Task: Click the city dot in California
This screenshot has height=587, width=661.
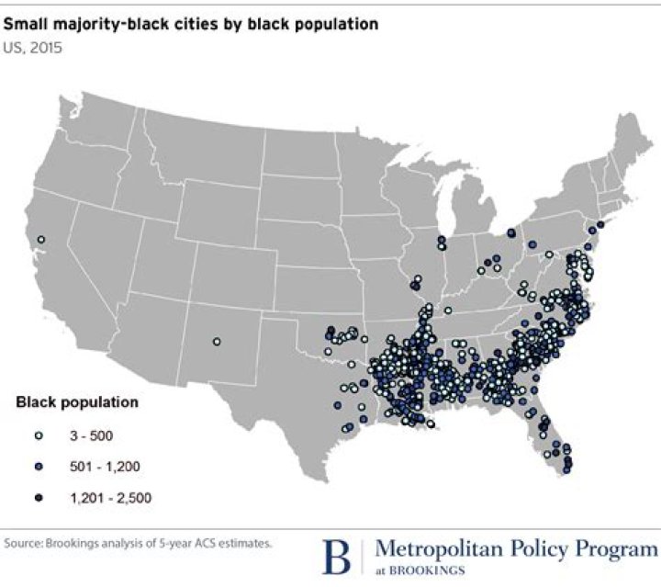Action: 41,239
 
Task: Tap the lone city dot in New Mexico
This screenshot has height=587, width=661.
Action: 217,342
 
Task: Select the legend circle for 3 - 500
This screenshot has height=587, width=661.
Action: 39,435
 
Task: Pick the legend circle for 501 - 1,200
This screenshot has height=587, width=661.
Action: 39,467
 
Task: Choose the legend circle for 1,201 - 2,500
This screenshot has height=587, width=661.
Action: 39,498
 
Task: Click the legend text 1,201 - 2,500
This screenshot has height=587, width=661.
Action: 110,498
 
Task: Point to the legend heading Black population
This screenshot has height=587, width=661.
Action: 77,402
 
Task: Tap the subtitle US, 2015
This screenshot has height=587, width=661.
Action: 32,48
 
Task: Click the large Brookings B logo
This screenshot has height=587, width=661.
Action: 336,557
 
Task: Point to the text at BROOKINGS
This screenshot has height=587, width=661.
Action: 420,570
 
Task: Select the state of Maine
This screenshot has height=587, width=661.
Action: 634,142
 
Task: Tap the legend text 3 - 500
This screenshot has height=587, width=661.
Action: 92,435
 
